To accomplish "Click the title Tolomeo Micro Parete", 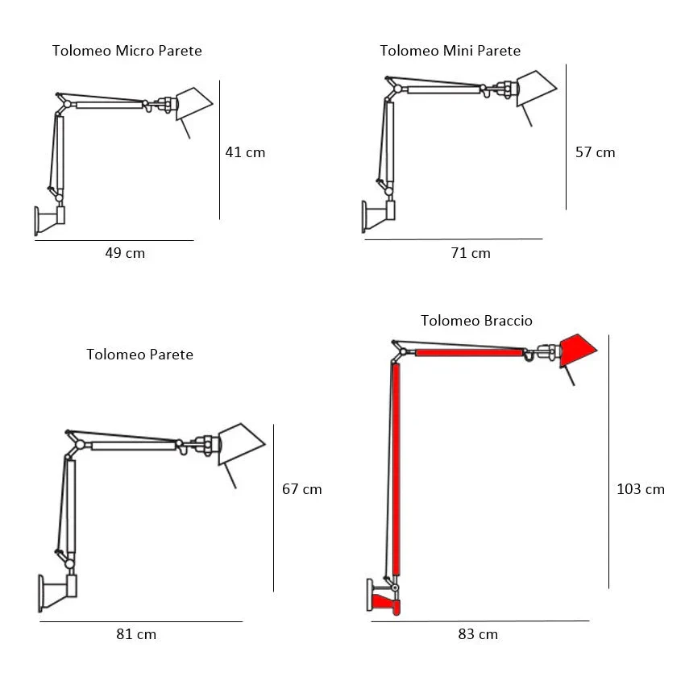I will pos(127,51).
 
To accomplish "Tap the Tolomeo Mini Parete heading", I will pos(450,51).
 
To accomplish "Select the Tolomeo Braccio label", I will pos(476,321).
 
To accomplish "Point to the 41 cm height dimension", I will pos(245,152).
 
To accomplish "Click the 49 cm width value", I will pos(125,253).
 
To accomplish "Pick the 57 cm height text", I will pos(595,152).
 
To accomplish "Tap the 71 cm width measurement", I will pos(471,253).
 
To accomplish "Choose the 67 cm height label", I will pos(301,488).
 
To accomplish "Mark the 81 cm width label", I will pos(136,634).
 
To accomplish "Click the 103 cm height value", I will pos(640,488).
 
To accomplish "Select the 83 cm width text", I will pos(478,634).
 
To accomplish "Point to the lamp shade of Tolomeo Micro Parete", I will pos(193,102).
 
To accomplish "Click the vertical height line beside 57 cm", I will pos(566,137).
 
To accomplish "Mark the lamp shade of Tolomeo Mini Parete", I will pos(535,89).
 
